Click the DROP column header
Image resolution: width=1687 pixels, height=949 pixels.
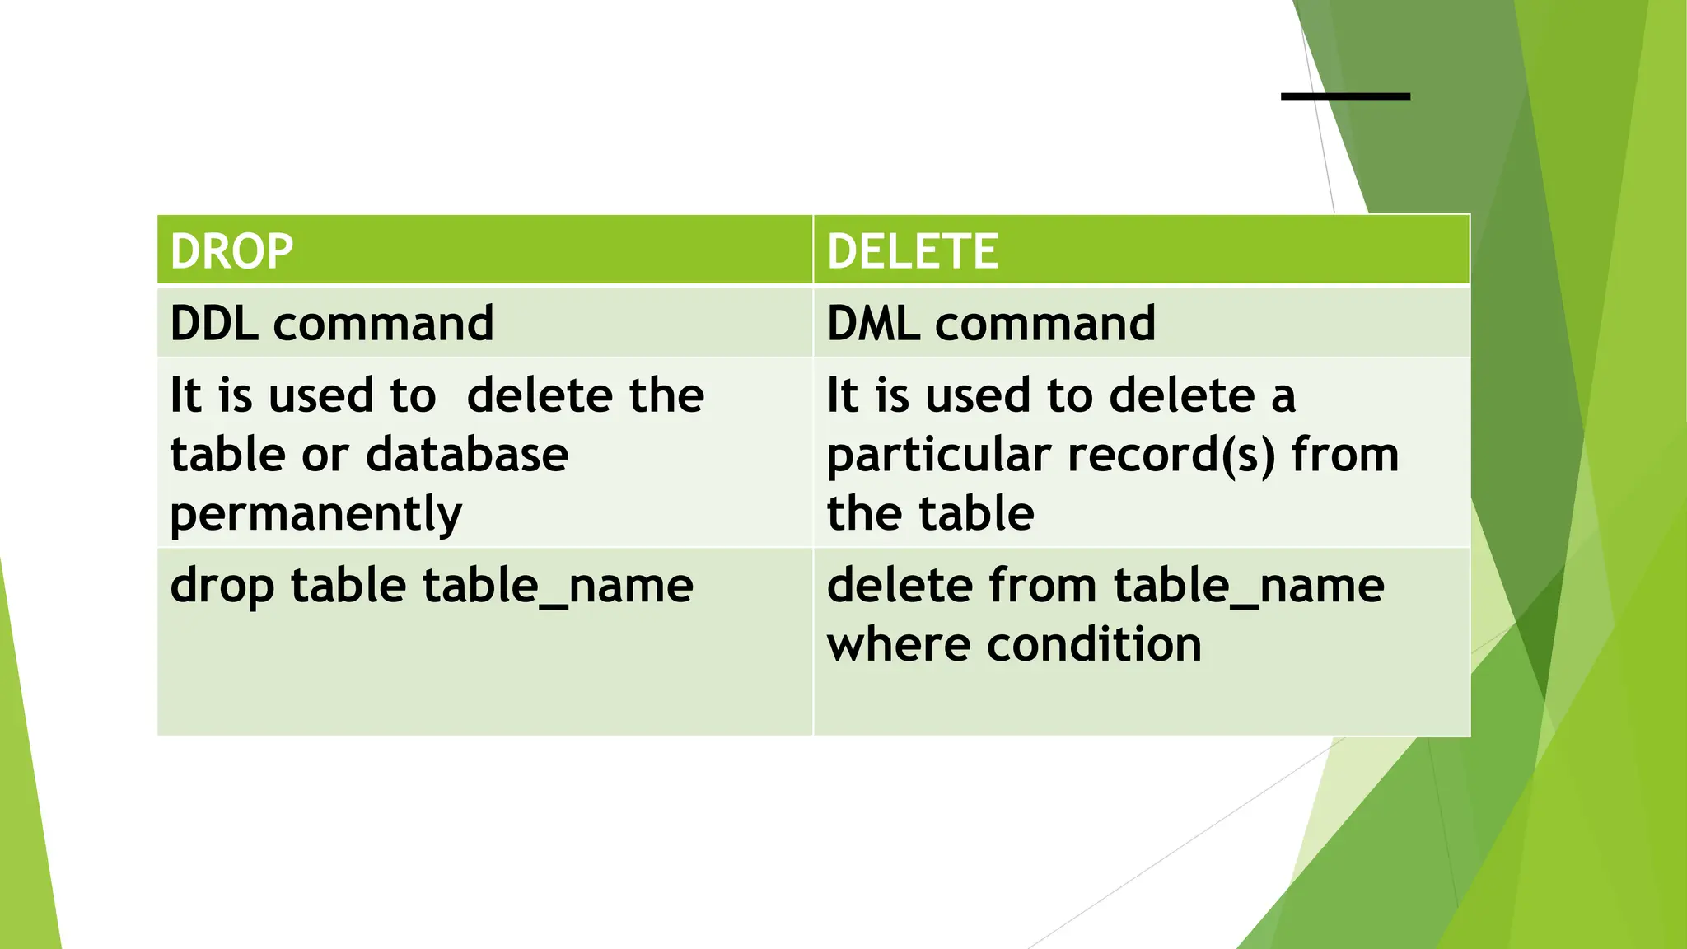tap(231, 252)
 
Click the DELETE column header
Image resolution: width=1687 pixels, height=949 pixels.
tap(913, 252)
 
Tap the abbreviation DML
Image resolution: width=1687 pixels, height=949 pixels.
tap(873, 323)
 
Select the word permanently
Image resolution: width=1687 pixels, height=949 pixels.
tap(316, 515)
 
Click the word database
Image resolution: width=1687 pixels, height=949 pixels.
tap(467, 455)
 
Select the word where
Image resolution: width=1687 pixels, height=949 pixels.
tap(900, 644)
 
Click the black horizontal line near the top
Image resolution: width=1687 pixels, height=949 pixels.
tap(1345, 96)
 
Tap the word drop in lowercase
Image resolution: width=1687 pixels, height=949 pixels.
tap(222, 587)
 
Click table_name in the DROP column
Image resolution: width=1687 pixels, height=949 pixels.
tap(558, 587)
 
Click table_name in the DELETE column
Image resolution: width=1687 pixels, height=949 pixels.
tap(1249, 587)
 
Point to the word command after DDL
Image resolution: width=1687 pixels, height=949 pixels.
tap(383, 323)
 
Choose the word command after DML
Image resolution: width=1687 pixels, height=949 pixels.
tap(1044, 323)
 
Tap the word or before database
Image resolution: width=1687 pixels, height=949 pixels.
tap(325, 455)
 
